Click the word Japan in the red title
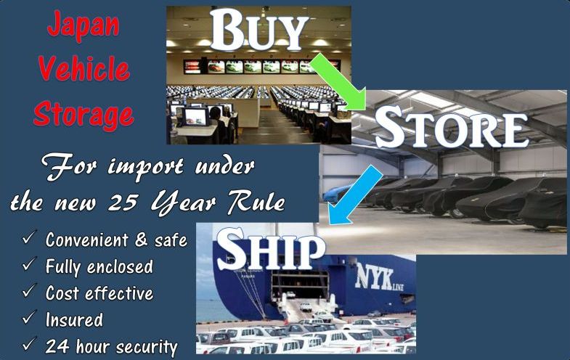pyautogui.click(x=84, y=25)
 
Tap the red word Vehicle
pyautogui.click(x=84, y=68)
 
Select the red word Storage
pyautogui.click(x=84, y=114)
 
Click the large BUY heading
pyautogui.click(x=258, y=30)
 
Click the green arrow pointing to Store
pyautogui.click(x=338, y=82)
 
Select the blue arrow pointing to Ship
pyautogui.click(x=355, y=195)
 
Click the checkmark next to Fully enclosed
pyautogui.click(x=29, y=264)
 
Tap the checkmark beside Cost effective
pyautogui.click(x=29, y=291)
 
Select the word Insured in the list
pyautogui.click(x=74, y=319)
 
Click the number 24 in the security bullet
pyautogui.click(x=57, y=345)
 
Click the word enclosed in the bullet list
pyautogui.click(x=120, y=266)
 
